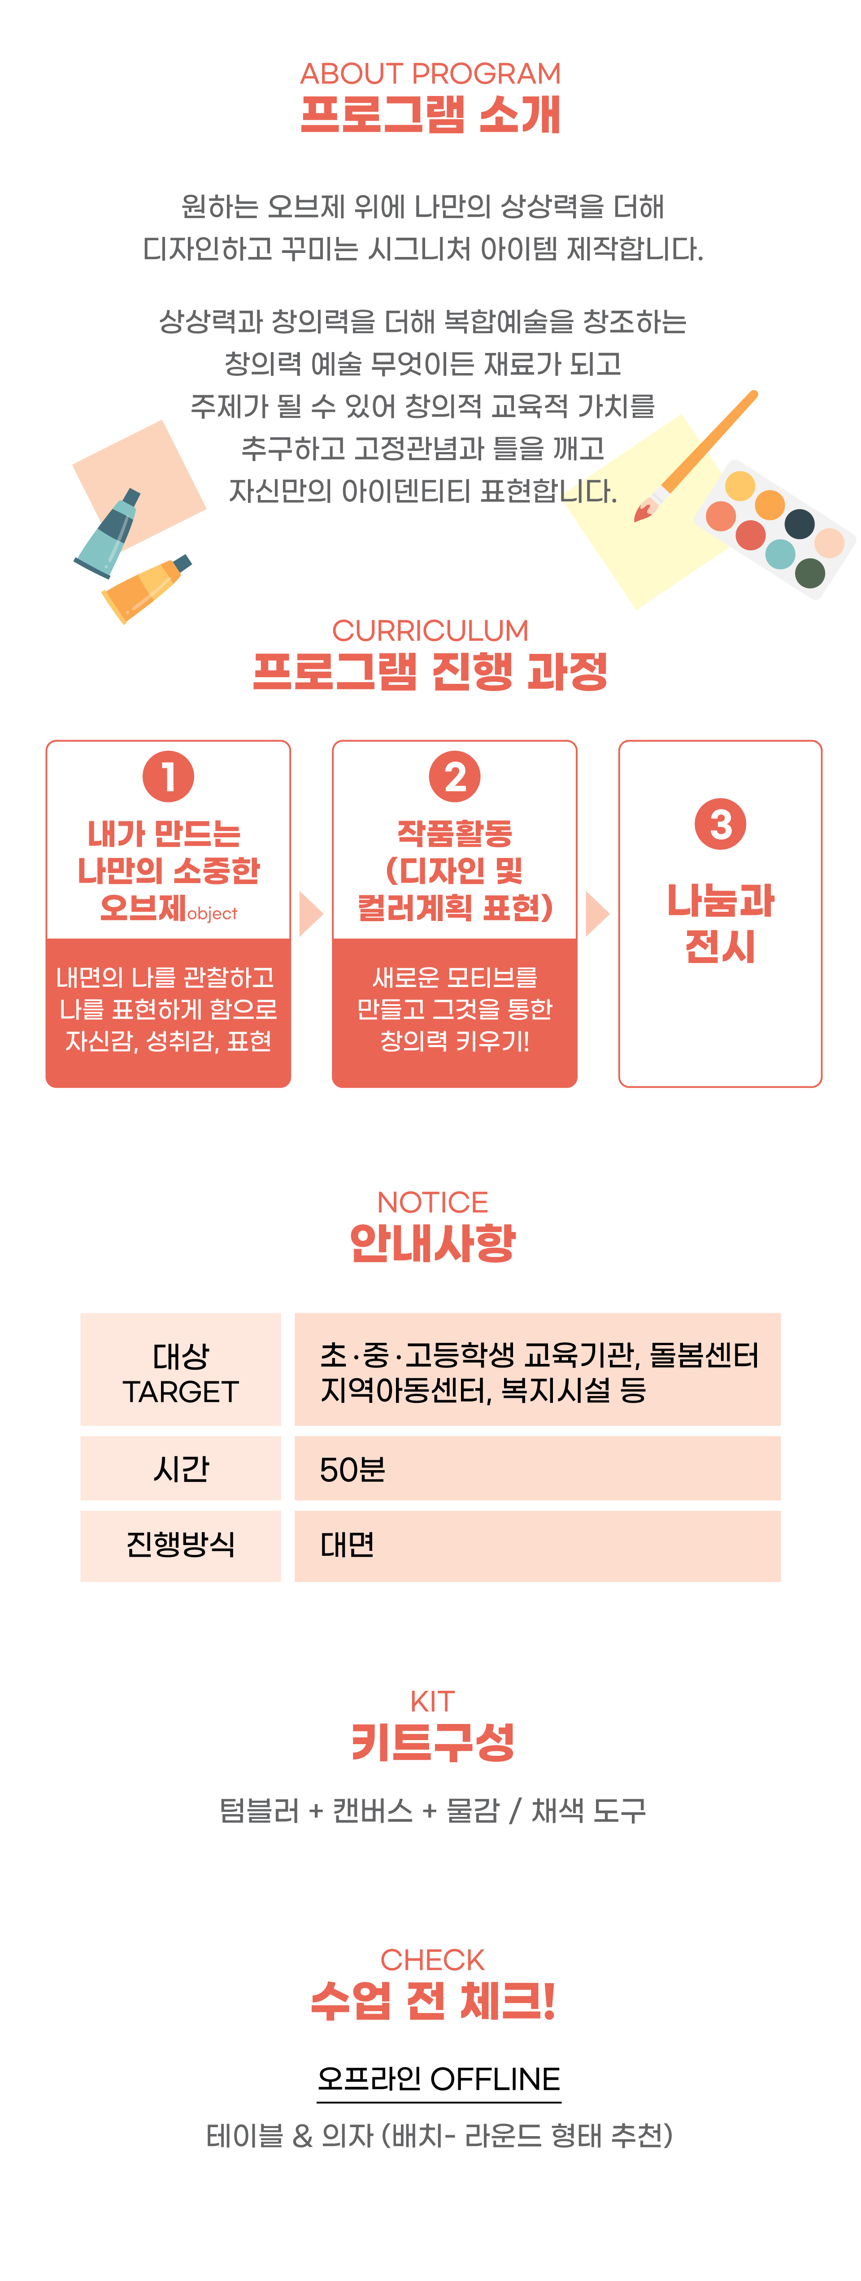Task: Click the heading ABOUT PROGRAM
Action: click(x=430, y=74)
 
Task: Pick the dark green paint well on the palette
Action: click(x=809, y=573)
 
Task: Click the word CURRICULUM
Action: click(x=430, y=631)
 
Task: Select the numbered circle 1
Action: click(x=168, y=777)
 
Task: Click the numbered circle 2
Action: click(x=454, y=777)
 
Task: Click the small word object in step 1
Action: click(x=213, y=914)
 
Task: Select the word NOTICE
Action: click(x=432, y=1201)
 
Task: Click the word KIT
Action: click(x=432, y=1701)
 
